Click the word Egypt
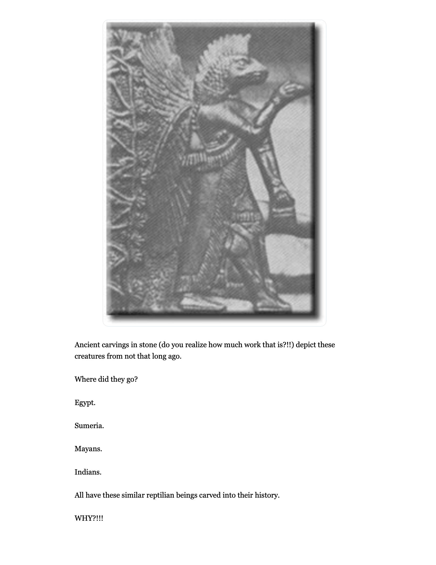click(85, 402)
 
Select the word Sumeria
click(89, 425)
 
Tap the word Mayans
click(88, 449)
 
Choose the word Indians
click(88, 472)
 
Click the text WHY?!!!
click(89, 518)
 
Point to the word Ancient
click(87, 345)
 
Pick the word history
click(267, 495)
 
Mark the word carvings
click(114, 345)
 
